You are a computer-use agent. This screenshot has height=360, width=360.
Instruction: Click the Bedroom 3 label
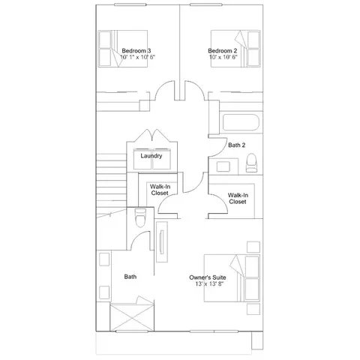(x=136, y=51)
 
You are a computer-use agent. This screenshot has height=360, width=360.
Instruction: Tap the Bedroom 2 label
(x=223, y=51)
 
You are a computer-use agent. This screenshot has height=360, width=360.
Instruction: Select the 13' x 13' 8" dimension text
(x=209, y=284)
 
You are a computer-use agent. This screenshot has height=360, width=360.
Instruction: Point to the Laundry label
(x=151, y=156)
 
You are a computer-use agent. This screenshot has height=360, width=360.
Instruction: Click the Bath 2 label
(x=236, y=145)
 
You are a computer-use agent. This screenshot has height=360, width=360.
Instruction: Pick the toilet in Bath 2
(x=251, y=163)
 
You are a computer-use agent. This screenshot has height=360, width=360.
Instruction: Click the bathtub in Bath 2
(x=241, y=122)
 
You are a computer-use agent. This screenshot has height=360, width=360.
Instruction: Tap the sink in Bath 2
(x=223, y=166)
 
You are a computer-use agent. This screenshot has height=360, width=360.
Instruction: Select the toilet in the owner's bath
(x=140, y=217)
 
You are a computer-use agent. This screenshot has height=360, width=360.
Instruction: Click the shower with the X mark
(x=132, y=317)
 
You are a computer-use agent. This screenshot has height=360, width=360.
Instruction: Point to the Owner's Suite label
(x=208, y=277)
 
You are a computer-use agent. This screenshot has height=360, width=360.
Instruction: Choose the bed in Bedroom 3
(x=123, y=49)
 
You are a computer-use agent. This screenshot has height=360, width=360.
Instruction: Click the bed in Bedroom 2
(x=235, y=49)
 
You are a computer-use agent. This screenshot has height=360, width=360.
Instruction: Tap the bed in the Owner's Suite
(x=232, y=278)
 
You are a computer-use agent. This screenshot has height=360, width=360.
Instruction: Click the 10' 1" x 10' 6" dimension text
(x=138, y=57)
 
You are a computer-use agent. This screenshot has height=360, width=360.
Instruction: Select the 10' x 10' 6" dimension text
(x=223, y=57)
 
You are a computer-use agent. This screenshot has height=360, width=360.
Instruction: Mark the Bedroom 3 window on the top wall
(x=130, y=4)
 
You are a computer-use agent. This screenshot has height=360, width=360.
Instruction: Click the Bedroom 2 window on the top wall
(x=205, y=4)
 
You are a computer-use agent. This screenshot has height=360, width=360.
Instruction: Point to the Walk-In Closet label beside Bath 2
(x=238, y=199)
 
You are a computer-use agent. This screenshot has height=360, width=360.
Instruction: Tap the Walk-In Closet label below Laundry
(x=160, y=190)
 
